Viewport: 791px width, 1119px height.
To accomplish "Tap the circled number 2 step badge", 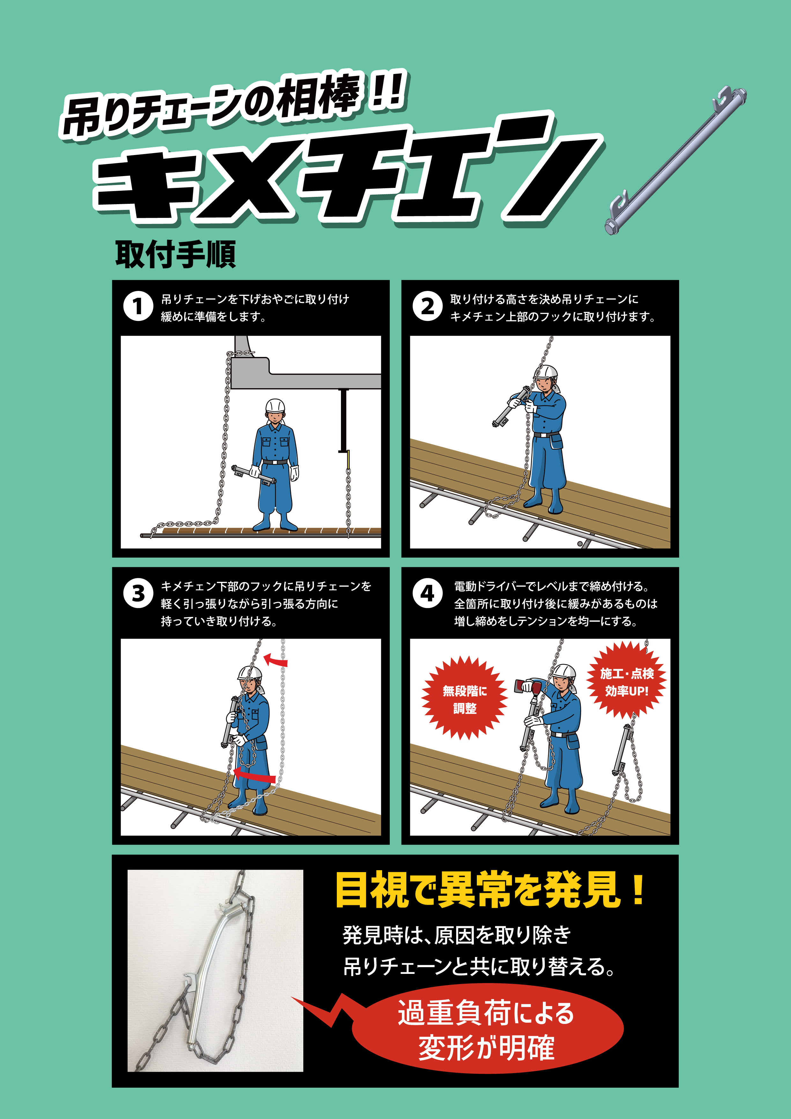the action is click(427, 306).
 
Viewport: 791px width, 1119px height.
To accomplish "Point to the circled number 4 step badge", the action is click(427, 593).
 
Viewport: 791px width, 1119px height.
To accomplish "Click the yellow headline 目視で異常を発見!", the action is click(490, 890).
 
